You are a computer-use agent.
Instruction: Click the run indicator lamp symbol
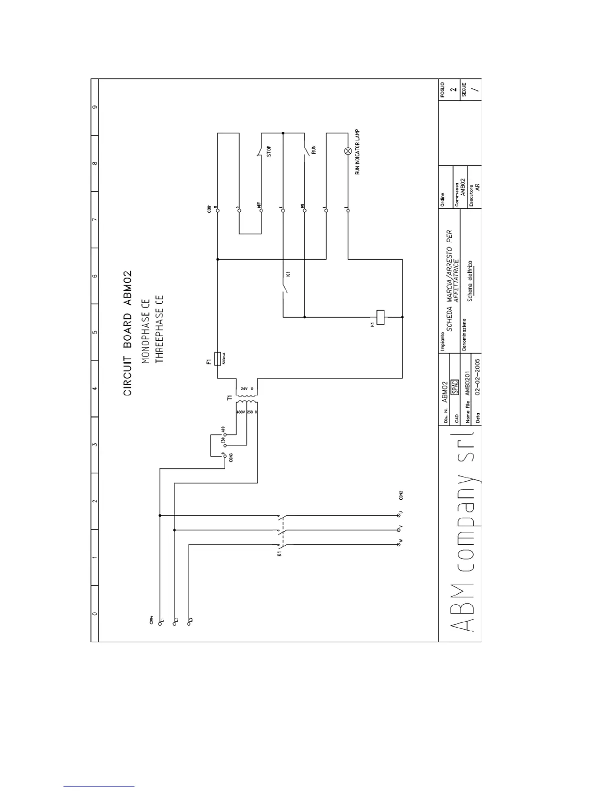tap(348, 151)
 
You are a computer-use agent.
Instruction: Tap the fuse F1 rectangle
tap(217, 359)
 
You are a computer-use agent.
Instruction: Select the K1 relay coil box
tap(381, 317)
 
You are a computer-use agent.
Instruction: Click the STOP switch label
tap(269, 151)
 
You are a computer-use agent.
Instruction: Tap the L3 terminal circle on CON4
tap(188, 622)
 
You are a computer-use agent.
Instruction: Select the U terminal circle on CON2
tap(398, 514)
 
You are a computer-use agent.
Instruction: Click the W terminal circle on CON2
tap(398, 543)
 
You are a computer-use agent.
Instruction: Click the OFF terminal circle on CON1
tap(260, 211)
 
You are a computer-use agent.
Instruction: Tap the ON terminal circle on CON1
tap(304, 211)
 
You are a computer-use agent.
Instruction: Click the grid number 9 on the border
tap(94, 107)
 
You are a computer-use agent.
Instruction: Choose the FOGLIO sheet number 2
tap(453, 90)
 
